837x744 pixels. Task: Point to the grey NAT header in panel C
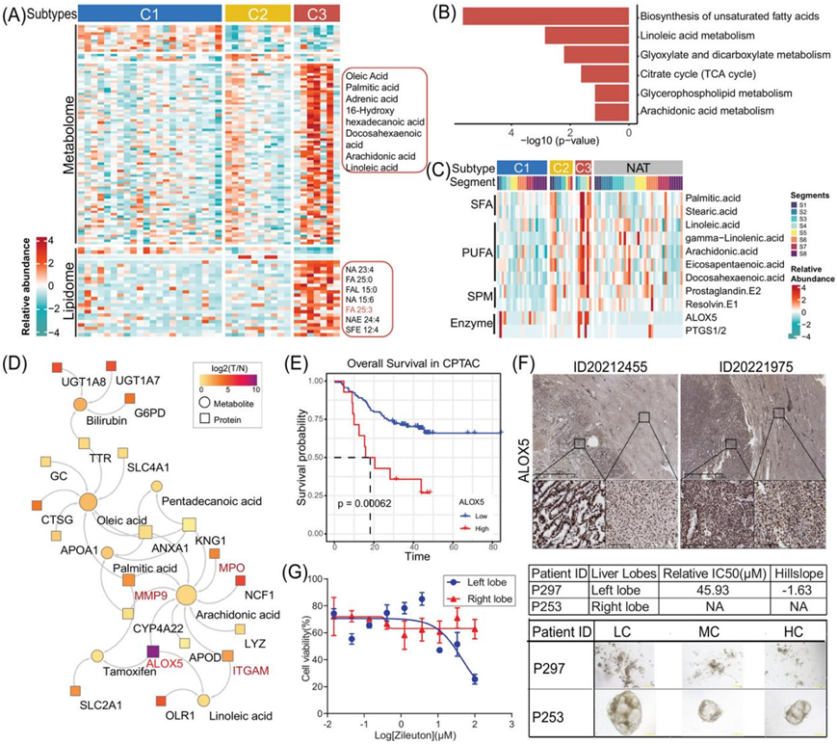[638, 167]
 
